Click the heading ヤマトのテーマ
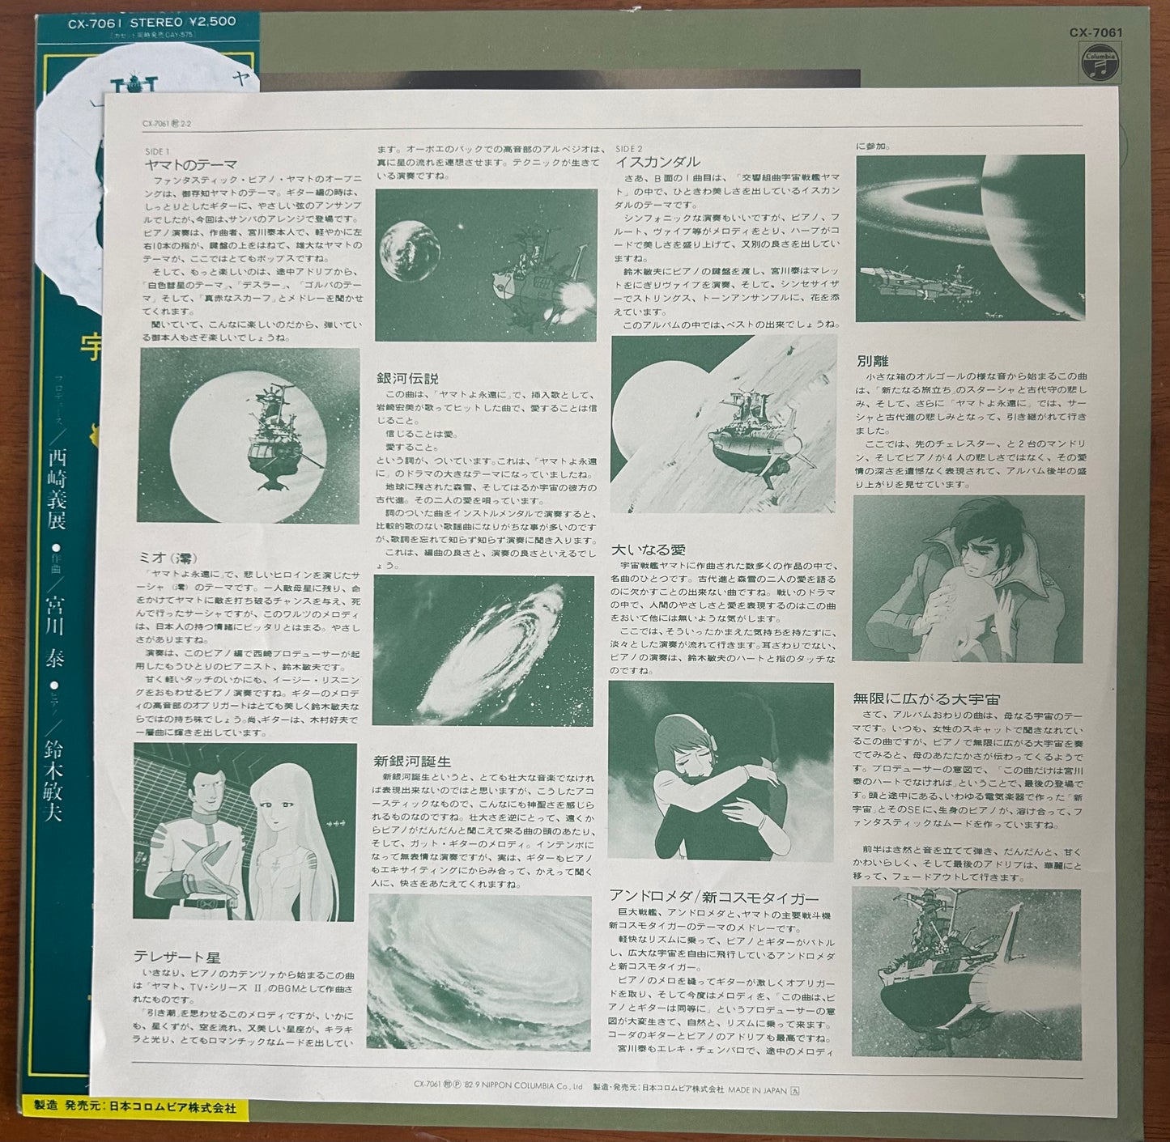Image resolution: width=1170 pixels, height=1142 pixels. click(x=191, y=165)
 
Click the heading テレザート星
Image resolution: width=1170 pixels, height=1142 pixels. click(x=177, y=957)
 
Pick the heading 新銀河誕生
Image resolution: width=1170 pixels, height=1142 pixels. click(x=412, y=761)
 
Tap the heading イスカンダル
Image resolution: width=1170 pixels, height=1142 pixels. click(x=657, y=162)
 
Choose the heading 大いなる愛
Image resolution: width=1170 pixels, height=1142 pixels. click(x=648, y=550)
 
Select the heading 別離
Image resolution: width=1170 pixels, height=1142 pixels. click(x=872, y=361)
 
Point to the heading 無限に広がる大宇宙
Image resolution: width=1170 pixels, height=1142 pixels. click(x=926, y=698)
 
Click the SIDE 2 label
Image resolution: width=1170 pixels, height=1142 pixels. click(x=628, y=149)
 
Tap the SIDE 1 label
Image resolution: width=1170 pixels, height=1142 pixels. click(x=157, y=151)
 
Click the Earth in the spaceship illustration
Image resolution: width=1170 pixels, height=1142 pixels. click(x=410, y=251)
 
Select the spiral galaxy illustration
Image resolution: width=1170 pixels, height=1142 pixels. click(x=484, y=650)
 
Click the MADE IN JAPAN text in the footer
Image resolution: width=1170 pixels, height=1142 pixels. click(x=757, y=1090)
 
